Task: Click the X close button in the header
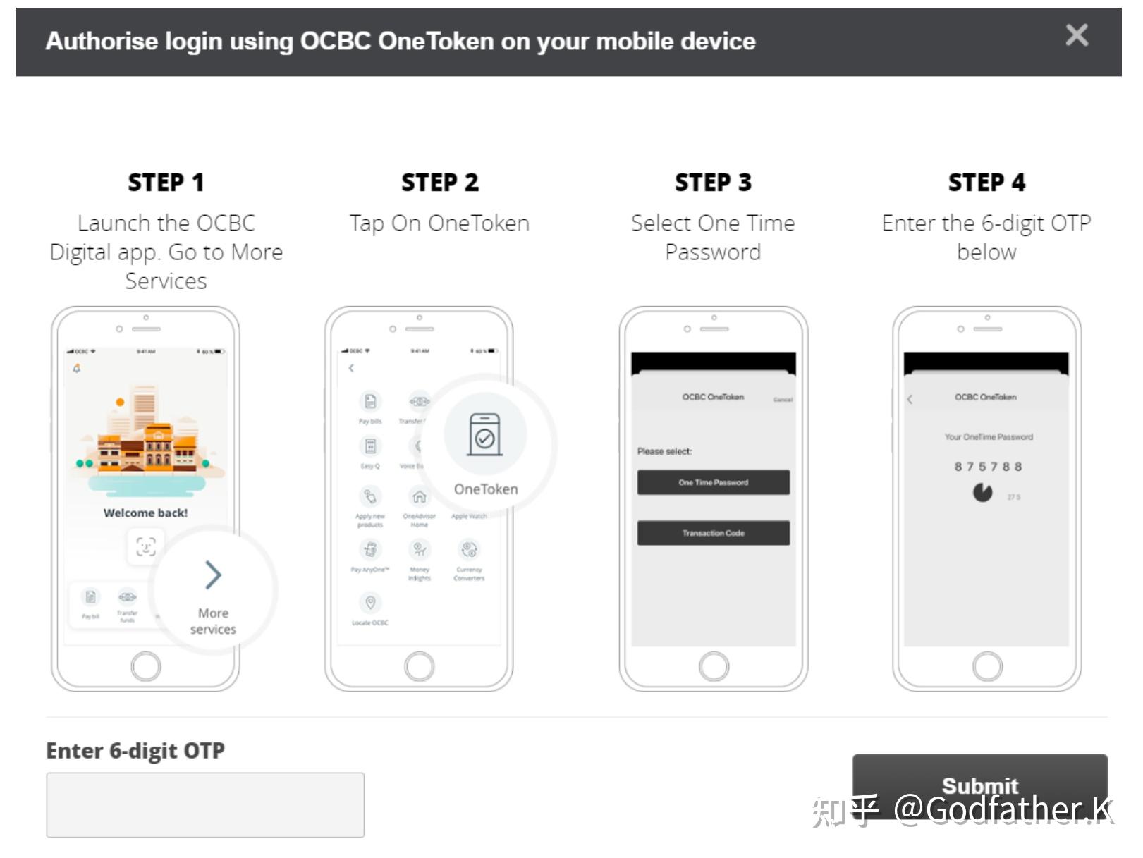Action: point(1076,35)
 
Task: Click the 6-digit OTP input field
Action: point(205,804)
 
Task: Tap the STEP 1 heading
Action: point(166,183)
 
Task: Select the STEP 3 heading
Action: point(713,183)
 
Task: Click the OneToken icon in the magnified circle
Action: point(485,435)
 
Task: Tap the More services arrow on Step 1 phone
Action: point(213,575)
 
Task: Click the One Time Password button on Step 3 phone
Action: point(713,482)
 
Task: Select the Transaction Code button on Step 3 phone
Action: point(713,533)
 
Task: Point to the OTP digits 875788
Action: point(988,467)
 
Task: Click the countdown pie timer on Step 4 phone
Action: point(982,492)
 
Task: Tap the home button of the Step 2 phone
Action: point(420,666)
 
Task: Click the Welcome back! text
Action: point(145,513)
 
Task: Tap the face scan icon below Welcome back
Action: point(145,546)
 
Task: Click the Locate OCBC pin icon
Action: point(370,603)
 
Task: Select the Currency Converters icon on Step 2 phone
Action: point(469,549)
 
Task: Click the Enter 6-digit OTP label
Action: point(135,751)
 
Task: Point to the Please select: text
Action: point(664,451)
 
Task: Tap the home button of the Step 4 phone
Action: point(987,666)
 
